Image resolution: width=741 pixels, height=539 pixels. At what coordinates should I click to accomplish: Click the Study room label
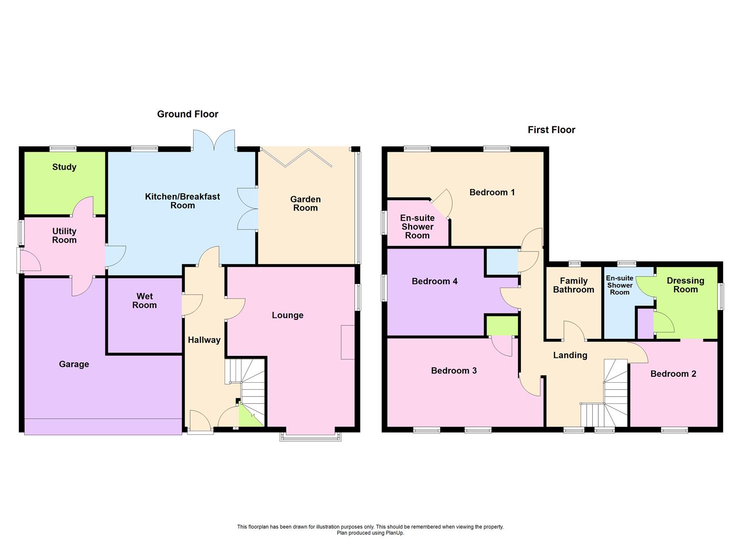(x=64, y=167)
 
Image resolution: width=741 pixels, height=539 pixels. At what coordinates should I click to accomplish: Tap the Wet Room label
(x=144, y=301)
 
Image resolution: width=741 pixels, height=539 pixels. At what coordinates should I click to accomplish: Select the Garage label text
(x=74, y=364)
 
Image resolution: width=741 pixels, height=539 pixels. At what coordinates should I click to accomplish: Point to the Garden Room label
(x=305, y=204)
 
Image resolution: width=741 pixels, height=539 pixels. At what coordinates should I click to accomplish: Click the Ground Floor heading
(x=188, y=114)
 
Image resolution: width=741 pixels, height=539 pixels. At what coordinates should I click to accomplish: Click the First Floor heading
(x=551, y=130)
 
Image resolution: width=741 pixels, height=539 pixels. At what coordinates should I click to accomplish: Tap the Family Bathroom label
(x=573, y=285)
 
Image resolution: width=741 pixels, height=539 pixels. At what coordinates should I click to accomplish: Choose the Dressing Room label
(x=685, y=285)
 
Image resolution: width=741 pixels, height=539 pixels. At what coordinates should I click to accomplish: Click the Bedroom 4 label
(x=434, y=281)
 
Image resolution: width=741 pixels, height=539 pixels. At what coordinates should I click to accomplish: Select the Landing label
(x=570, y=355)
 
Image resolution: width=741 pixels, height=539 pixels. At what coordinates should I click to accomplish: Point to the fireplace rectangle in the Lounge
(x=348, y=342)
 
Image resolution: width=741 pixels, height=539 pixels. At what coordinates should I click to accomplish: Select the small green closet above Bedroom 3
(x=502, y=326)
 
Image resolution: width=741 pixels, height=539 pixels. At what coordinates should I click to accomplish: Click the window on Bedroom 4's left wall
(x=384, y=288)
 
